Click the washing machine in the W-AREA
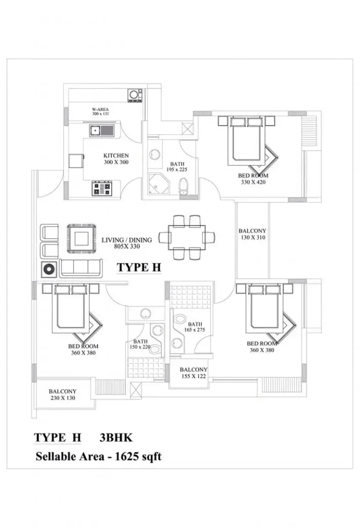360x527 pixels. pos(135,95)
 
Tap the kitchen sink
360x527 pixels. pos(101,130)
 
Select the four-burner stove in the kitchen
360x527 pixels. pos(101,188)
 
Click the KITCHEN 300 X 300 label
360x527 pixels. pos(116,159)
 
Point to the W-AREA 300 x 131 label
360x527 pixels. pos(100,112)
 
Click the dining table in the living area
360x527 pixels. pos(187,237)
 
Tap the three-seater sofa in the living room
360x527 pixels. pos(81,268)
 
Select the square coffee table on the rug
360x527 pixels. pos(82,239)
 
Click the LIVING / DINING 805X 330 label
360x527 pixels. pos(127,243)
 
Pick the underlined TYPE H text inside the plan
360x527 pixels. pos(139,268)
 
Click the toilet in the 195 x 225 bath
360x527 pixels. pos(183,186)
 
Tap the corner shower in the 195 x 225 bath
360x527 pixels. pos(158,184)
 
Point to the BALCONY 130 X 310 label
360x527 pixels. pos(252,234)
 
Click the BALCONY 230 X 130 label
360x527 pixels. pos(63,395)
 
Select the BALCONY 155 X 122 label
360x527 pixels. pos(194,373)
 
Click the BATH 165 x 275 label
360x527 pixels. pos(195,327)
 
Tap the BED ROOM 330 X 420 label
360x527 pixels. pos(253,179)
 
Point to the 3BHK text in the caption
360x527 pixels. pos(116,437)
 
